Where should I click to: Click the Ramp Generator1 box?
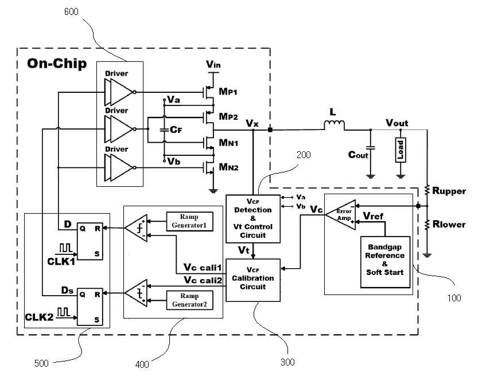click(189, 221)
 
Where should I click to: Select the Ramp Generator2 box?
click(189, 300)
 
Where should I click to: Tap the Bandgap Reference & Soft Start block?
click(385, 262)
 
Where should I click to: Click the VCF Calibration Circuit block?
click(253, 280)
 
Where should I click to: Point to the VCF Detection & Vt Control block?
click(253, 218)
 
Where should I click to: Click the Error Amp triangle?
click(340, 215)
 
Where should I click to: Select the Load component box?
click(401, 150)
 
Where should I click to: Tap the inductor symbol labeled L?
click(334, 125)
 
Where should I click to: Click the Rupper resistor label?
click(449, 191)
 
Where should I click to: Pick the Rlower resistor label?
click(449, 224)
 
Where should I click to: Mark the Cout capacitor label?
click(358, 155)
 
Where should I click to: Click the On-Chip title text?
click(57, 64)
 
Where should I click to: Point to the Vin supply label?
click(213, 64)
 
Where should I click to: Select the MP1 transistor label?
click(228, 91)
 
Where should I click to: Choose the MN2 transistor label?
click(228, 167)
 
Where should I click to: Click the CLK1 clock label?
click(61, 261)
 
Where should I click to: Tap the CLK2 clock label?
click(39, 317)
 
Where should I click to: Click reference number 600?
click(71, 12)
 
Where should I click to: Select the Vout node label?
click(396, 123)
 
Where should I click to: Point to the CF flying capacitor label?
click(176, 129)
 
